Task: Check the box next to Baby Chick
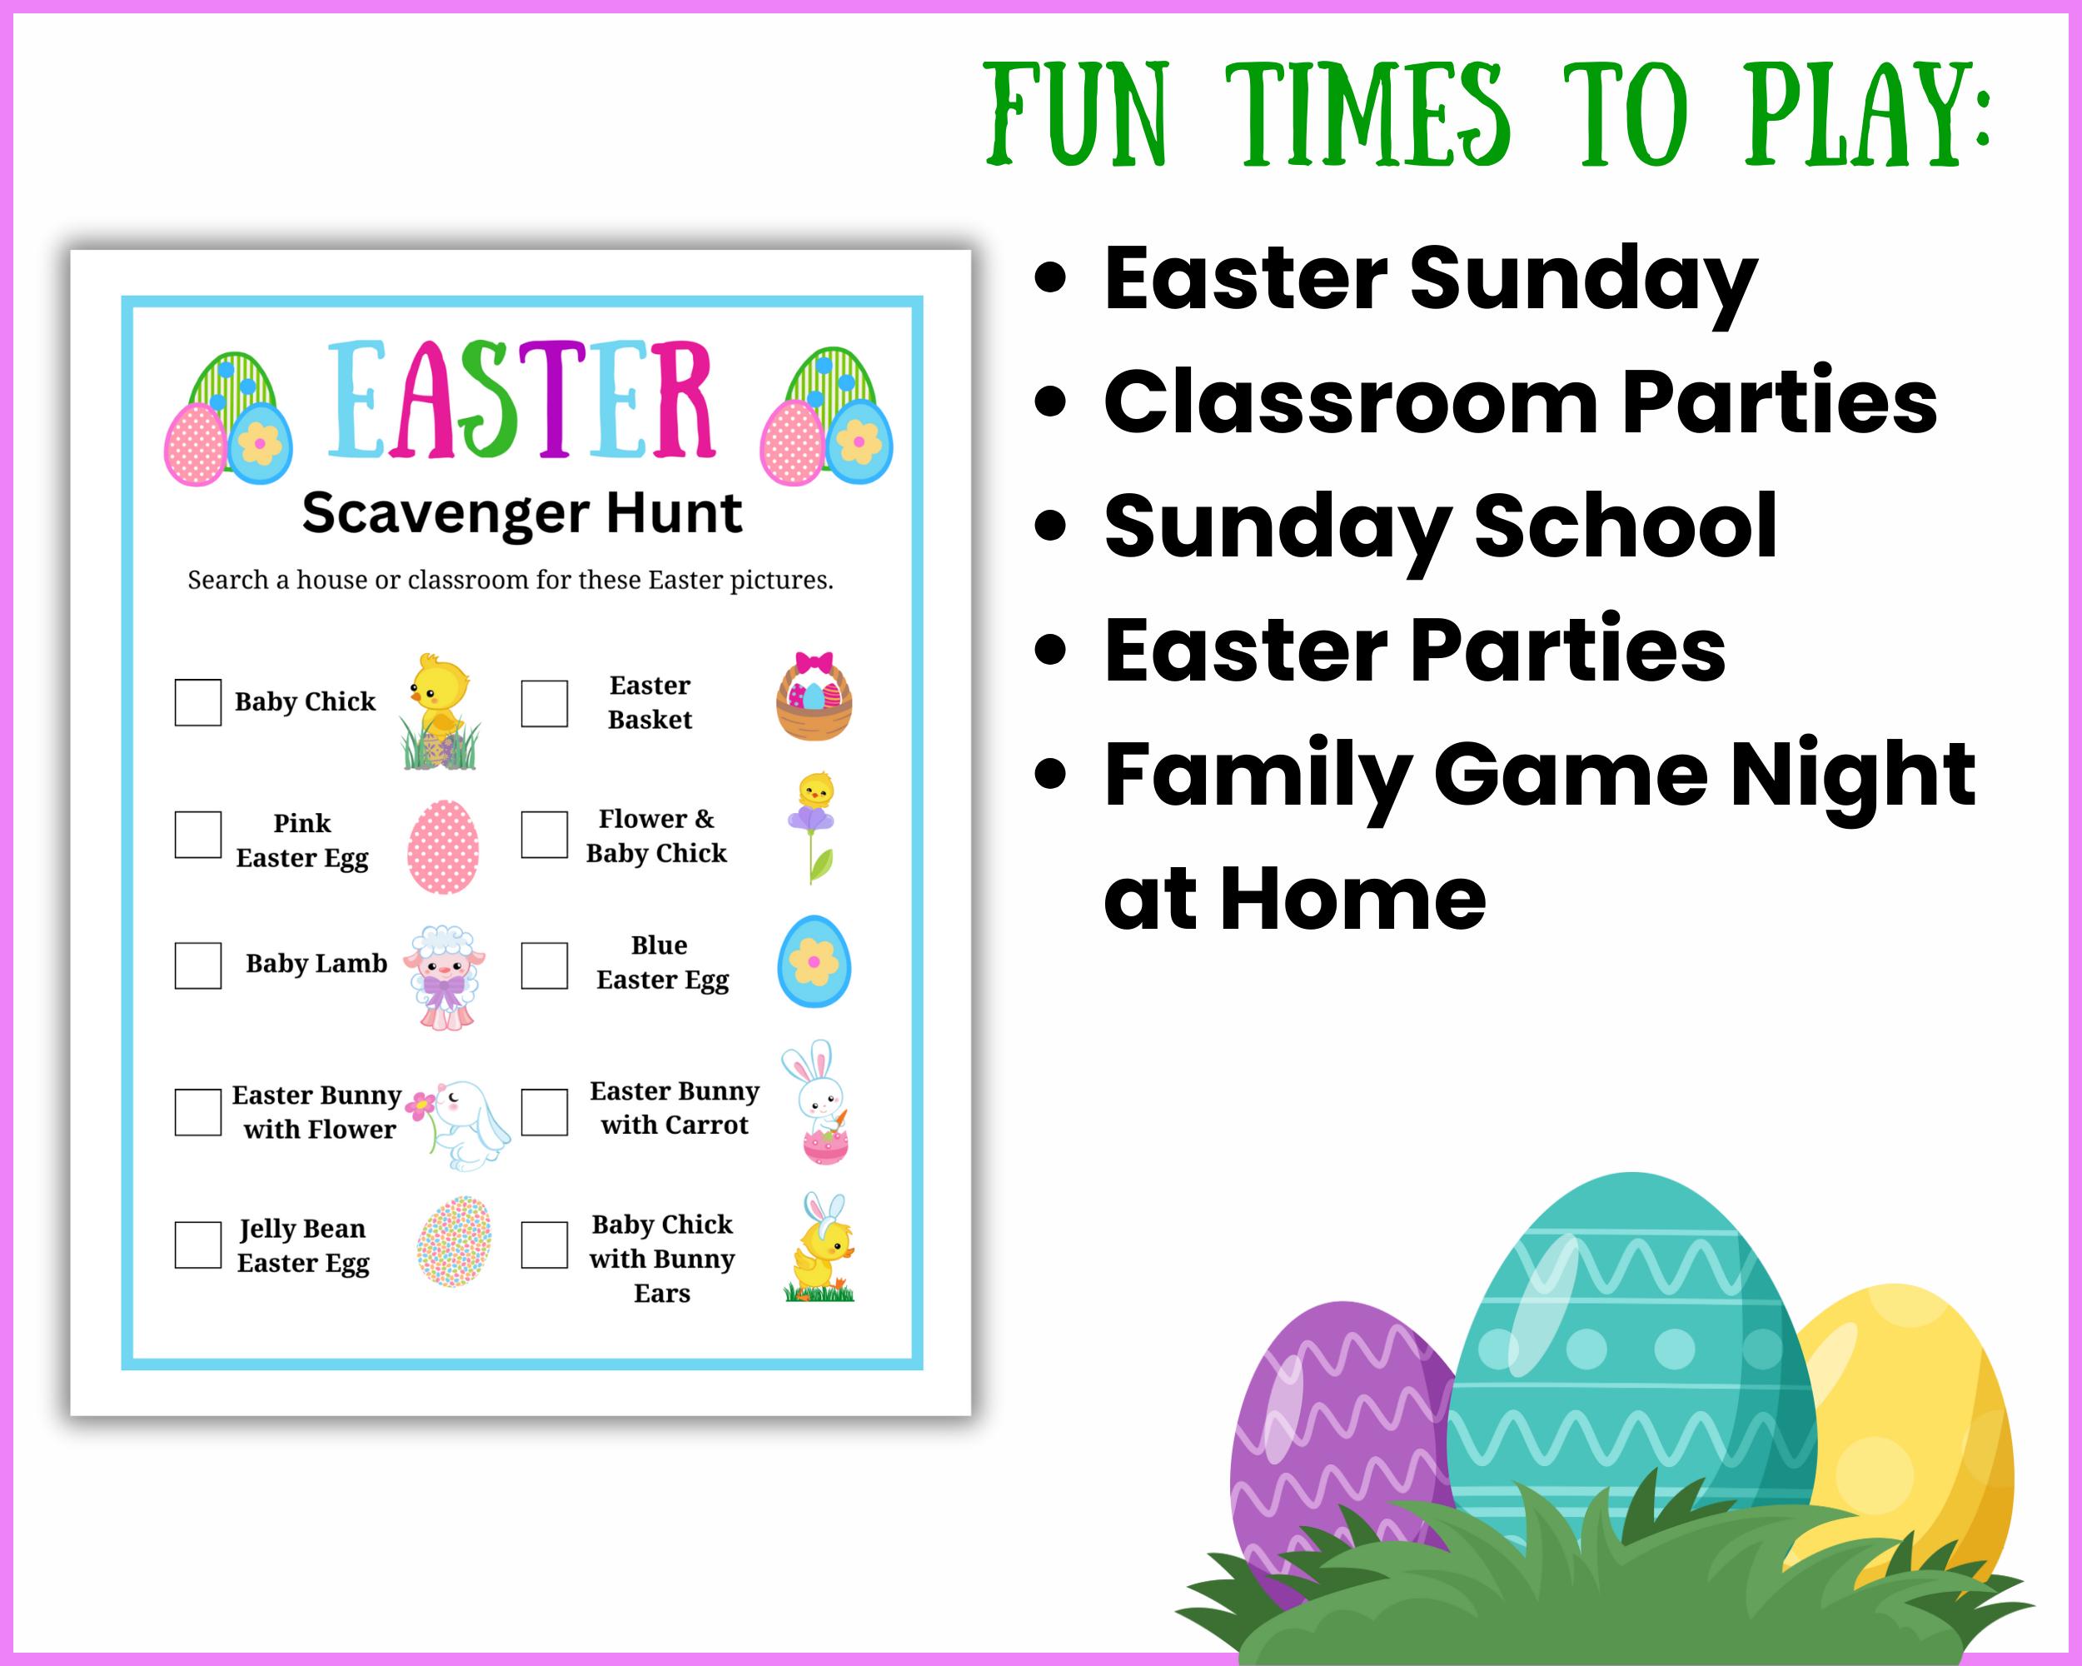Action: tap(198, 702)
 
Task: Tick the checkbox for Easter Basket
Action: tap(545, 703)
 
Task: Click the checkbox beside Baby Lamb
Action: tap(198, 965)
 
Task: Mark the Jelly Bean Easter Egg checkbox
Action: tap(198, 1245)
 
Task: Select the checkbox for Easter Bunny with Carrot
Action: tap(545, 1113)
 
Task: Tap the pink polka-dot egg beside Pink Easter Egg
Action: tap(443, 846)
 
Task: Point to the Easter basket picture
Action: tap(814, 697)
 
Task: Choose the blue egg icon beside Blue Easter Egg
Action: tap(814, 961)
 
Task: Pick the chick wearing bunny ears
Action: tap(819, 1249)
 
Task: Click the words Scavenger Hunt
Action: tap(521, 513)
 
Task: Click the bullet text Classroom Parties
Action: tap(1520, 402)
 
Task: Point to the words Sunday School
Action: tap(1440, 526)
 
